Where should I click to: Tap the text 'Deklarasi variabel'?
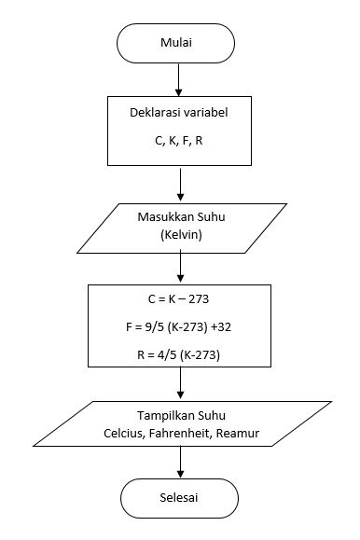coord(179,115)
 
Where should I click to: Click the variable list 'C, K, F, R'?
coord(179,145)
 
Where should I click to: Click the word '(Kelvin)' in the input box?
coord(179,237)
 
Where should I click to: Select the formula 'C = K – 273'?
coord(179,299)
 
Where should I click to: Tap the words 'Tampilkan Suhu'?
coord(179,416)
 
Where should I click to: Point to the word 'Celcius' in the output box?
coord(125,434)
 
